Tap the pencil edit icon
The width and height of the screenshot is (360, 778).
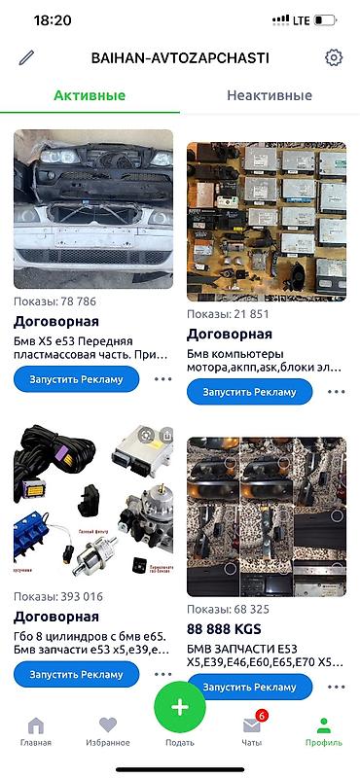pyautogui.click(x=26, y=57)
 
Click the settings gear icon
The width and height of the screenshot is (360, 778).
pyautogui.click(x=334, y=57)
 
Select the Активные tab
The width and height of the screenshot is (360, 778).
pyautogui.click(x=89, y=95)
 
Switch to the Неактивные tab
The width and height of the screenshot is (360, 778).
pyautogui.click(x=270, y=95)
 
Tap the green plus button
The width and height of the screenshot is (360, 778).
pyautogui.click(x=180, y=707)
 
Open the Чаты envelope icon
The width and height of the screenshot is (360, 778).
pyautogui.click(x=252, y=725)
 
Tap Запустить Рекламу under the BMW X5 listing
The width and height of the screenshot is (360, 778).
pyautogui.click(x=76, y=379)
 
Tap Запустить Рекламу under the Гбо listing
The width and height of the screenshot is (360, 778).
pyautogui.click(x=76, y=673)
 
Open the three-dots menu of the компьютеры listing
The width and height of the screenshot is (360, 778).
pyautogui.click(x=337, y=392)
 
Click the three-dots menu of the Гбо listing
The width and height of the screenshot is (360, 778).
pyautogui.click(x=162, y=673)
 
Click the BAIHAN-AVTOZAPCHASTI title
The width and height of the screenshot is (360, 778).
pyautogui.click(x=180, y=57)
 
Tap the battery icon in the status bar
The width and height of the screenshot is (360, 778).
pyautogui.click(x=326, y=19)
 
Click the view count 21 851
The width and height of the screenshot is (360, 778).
pyautogui.click(x=228, y=315)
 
